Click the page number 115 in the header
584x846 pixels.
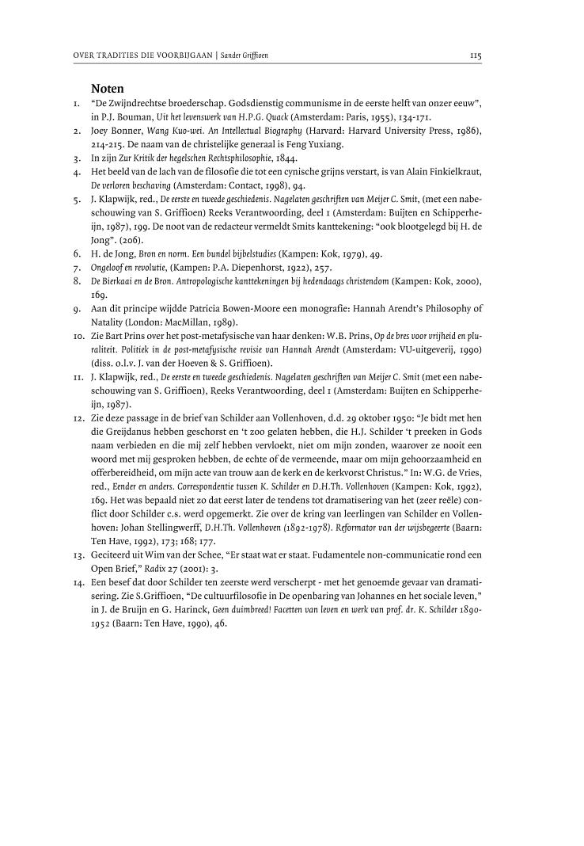pos(476,56)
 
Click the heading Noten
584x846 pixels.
pos(108,88)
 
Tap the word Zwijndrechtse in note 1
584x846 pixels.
pos(150,104)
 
